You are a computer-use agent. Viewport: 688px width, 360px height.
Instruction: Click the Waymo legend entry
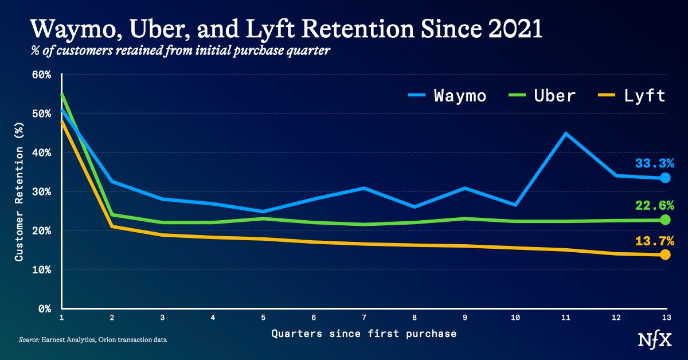tap(447, 95)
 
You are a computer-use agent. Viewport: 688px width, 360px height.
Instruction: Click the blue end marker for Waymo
tap(665, 178)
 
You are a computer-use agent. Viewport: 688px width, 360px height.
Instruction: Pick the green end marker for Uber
tap(665, 220)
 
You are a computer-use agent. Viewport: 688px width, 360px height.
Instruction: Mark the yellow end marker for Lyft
tap(665, 255)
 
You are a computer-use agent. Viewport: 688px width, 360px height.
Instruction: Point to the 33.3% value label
tap(654, 163)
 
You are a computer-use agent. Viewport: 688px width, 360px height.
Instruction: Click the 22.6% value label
tap(654, 205)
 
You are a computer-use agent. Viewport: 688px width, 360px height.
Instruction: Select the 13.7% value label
tap(654, 241)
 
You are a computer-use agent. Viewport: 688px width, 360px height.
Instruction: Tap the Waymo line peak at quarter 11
tap(566, 134)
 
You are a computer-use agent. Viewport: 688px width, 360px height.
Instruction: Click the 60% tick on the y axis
tap(42, 75)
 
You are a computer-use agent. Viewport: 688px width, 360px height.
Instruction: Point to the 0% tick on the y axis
tap(46, 308)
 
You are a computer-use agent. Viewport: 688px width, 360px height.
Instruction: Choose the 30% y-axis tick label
tap(42, 191)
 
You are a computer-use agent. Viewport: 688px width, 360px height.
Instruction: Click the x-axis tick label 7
tap(363, 317)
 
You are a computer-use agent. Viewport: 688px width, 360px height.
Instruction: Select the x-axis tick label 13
tap(664, 317)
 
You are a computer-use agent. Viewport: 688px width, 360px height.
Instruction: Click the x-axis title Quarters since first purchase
tap(363, 333)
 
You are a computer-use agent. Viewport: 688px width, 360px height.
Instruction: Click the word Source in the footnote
tap(29, 340)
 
